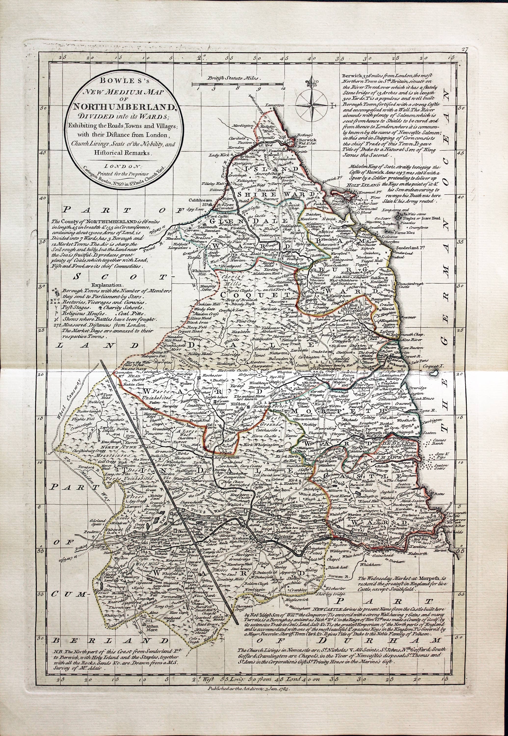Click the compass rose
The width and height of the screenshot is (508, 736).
pos(311,102)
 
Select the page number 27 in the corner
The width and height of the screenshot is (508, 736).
pos(465,49)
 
